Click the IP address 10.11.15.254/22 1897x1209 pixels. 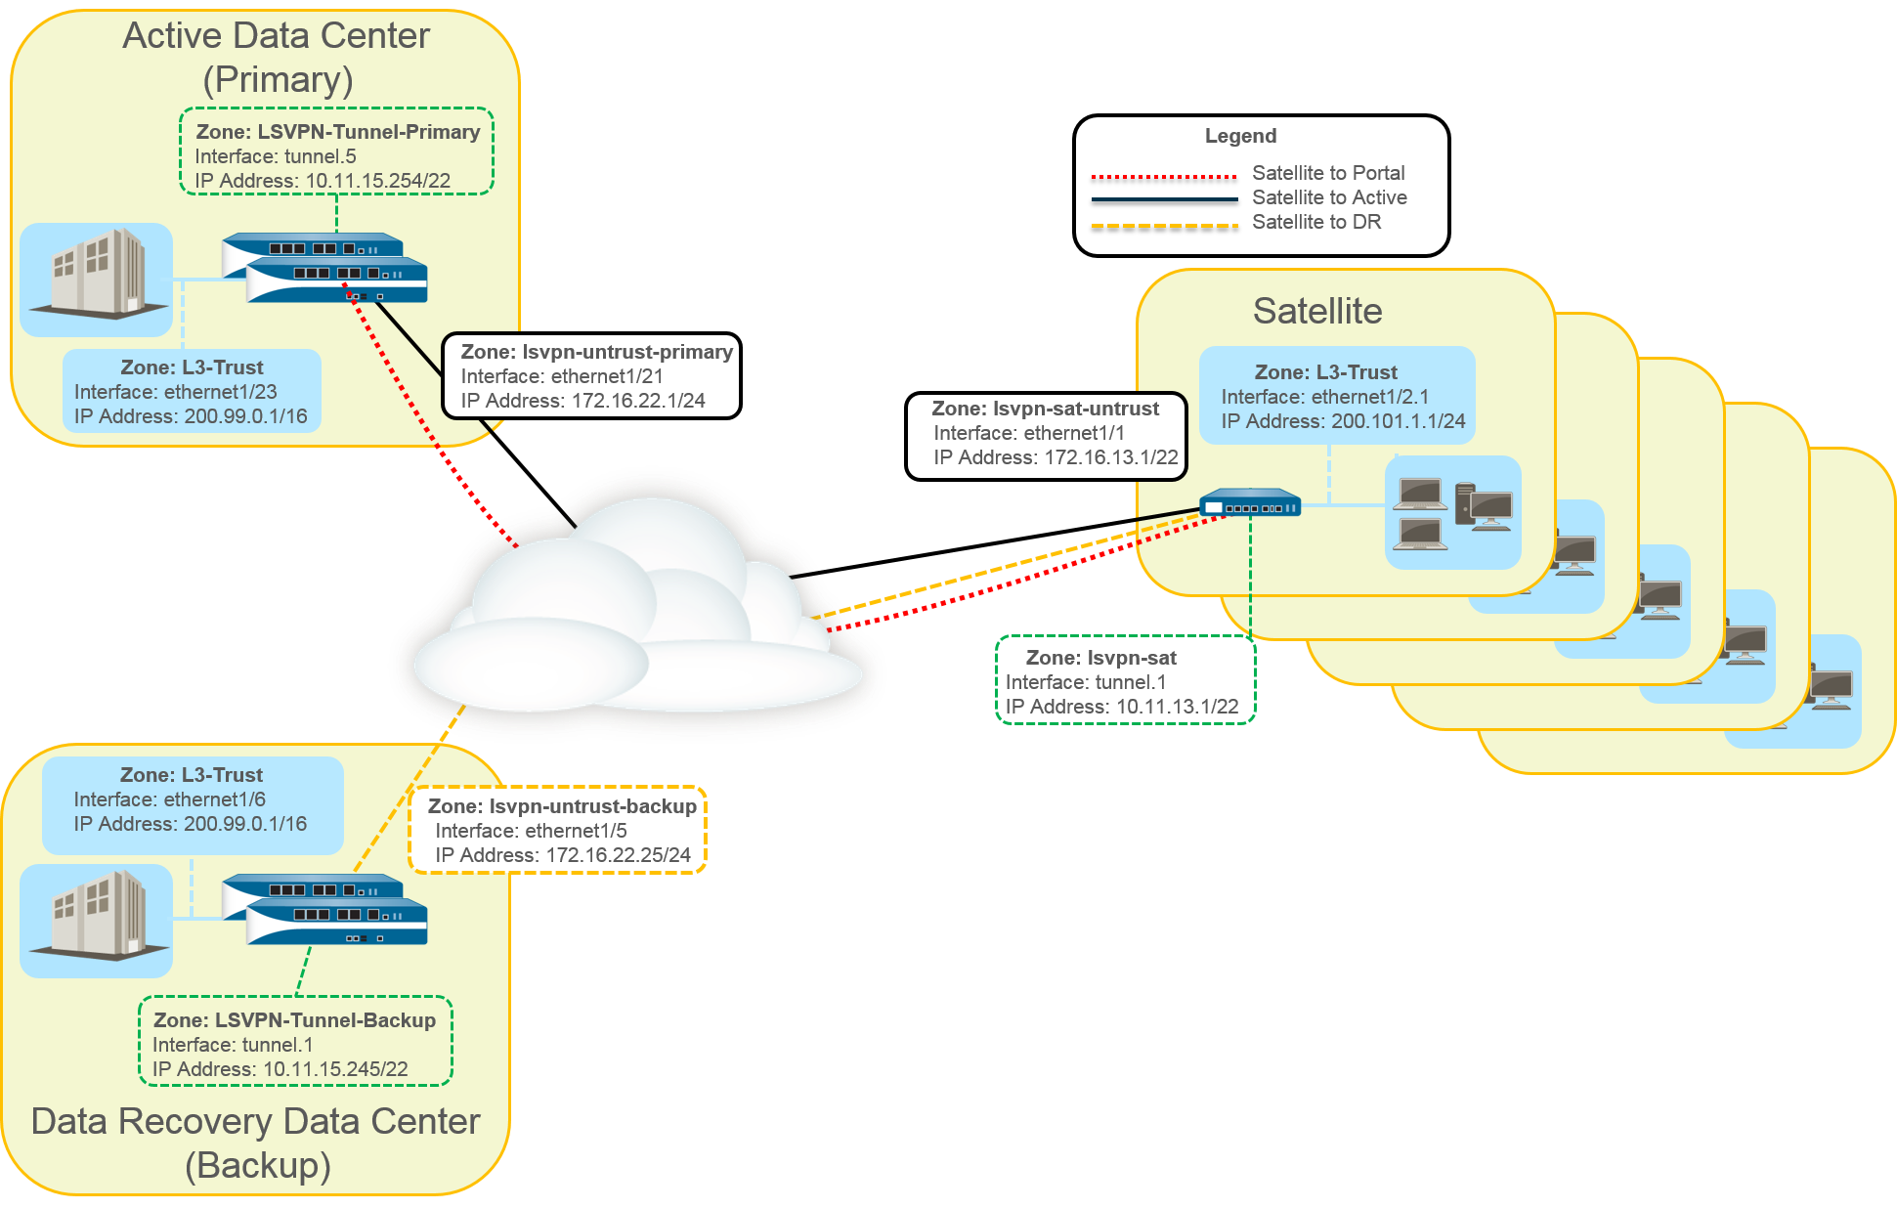pos(377,181)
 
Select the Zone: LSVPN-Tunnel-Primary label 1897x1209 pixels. pos(338,132)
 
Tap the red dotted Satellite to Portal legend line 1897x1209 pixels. pos(1164,177)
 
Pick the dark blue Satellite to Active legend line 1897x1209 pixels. pos(1164,199)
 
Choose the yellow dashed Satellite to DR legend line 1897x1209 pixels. pos(1164,225)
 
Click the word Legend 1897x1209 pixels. pos(1240,136)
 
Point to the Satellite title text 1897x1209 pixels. pos(1317,311)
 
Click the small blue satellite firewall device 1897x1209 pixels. pos(1250,504)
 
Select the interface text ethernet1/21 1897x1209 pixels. pos(607,376)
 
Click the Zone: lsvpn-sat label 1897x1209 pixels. pos(1100,658)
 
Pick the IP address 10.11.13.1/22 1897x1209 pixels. pos(1177,707)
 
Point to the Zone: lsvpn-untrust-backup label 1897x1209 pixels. pos(562,806)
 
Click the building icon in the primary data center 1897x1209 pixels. pos(97,276)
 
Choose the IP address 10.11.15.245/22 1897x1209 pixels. pos(335,1069)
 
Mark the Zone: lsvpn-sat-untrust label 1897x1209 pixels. pos(1045,409)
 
